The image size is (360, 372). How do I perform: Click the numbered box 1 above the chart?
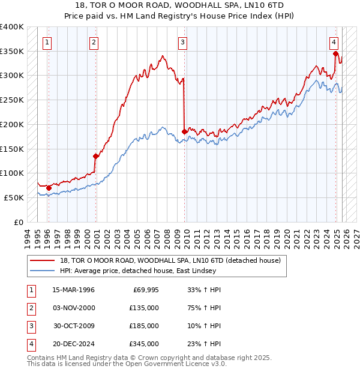coord(47,42)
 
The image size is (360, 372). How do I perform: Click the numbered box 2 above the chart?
coord(94,42)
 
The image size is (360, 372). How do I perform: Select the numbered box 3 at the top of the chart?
coord(182,42)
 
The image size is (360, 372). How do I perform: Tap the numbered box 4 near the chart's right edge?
coord(334,42)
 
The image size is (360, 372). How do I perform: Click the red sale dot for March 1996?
coord(49,188)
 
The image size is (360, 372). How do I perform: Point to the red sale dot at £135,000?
coord(95,156)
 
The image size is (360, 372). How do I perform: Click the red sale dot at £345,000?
coord(335,53)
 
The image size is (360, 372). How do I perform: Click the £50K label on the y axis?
coord(14,197)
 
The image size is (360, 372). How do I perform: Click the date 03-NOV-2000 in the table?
coord(73,308)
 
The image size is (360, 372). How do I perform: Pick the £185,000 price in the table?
coord(143,326)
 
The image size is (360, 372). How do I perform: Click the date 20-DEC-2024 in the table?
coord(73,344)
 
